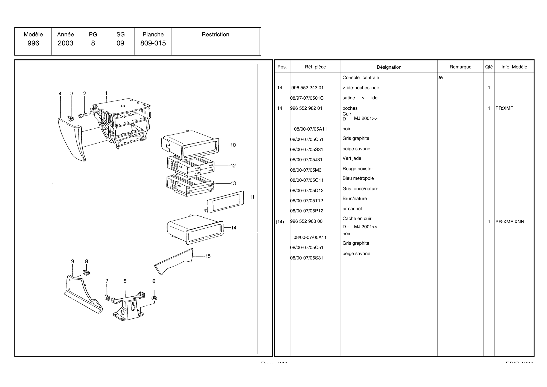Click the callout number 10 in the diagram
pyautogui.click(x=233, y=145)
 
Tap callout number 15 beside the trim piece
pyautogui.click(x=208, y=256)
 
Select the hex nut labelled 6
pyautogui.click(x=154, y=298)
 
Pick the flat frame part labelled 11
pyautogui.click(x=225, y=202)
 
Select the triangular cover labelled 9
pyautogui.click(x=82, y=296)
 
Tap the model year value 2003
pyautogui.click(x=65, y=43)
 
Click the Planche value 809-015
pyautogui.click(x=153, y=43)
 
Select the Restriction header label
pyautogui.click(x=215, y=34)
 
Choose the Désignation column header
pyautogui.click(x=389, y=67)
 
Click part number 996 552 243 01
pyautogui.click(x=307, y=88)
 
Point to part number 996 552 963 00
pyautogui.click(x=306, y=221)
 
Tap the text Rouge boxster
pyautogui.click(x=357, y=169)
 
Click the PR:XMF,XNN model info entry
pyautogui.click(x=510, y=222)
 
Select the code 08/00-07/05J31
pyautogui.click(x=306, y=160)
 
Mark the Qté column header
pyautogui.click(x=489, y=67)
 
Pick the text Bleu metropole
pyautogui.click(x=358, y=178)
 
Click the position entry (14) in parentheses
pyautogui.click(x=280, y=222)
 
